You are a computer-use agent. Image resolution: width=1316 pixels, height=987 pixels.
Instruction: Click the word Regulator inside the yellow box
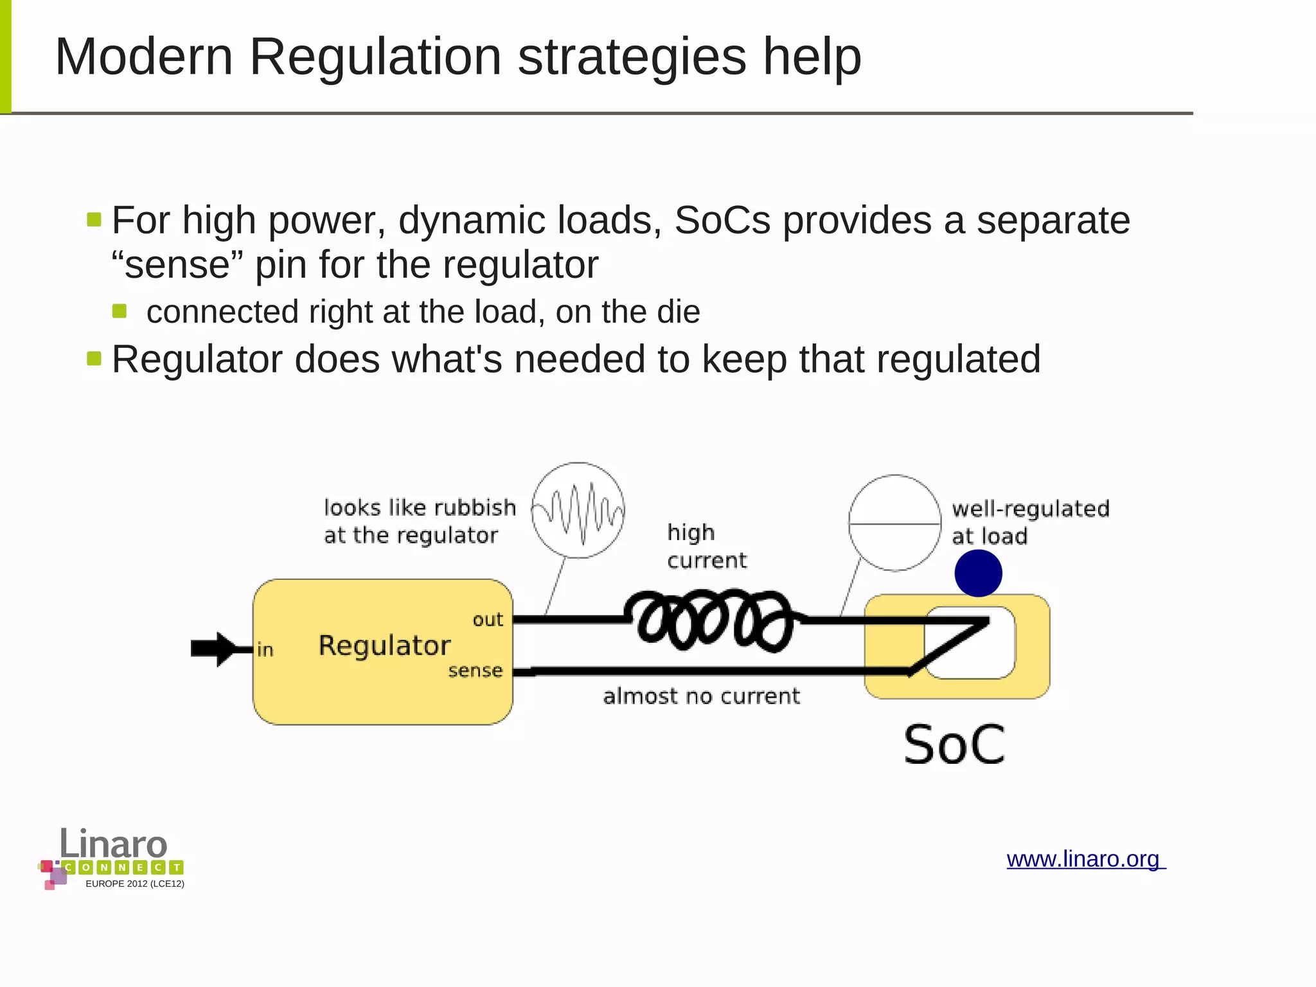384,645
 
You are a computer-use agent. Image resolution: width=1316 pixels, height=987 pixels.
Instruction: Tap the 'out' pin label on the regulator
488,620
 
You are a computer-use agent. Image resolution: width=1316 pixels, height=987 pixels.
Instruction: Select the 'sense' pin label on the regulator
475,671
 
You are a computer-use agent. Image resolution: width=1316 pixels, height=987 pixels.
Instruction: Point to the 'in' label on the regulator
265,649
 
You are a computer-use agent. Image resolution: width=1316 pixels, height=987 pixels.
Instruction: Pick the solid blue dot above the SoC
978,573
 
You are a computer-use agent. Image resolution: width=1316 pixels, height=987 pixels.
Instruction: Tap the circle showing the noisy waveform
578,510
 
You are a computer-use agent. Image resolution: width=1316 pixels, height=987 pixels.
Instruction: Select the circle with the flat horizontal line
894,523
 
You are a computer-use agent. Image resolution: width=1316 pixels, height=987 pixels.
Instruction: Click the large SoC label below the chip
954,745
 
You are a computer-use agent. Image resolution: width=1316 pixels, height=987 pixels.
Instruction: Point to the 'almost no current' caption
701,696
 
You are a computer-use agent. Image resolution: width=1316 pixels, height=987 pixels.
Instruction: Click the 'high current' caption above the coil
706,546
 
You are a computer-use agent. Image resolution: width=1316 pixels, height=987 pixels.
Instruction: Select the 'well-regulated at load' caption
1030,521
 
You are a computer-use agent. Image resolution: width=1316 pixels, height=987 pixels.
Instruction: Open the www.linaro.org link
1085,859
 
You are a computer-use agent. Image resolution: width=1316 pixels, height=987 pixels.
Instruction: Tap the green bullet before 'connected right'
120,311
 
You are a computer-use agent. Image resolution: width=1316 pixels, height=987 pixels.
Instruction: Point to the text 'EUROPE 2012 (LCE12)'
135,883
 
